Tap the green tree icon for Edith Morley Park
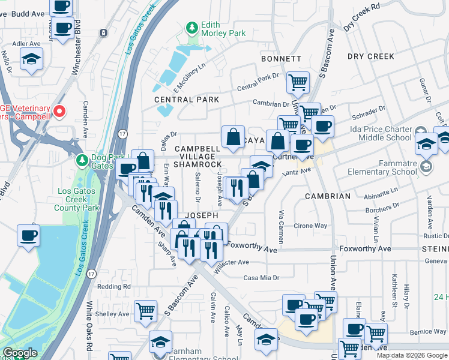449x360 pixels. pyautogui.click(x=192, y=28)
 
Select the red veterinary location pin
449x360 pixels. pyautogui.click(x=59, y=111)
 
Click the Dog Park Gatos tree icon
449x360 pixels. pyautogui.click(x=82, y=160)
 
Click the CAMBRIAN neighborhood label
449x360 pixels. pyautogui.click(x=327, y=196)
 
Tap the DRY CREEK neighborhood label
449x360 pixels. pyautogui.click(x=370, y=56)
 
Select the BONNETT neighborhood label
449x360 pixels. pyautogui.click(x=281, y=59)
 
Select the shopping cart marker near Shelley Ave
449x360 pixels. pyautogui.click(x=145, y=310)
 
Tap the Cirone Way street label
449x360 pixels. pyautogui.click(x=310, y=226)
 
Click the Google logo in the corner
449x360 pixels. pyautogui.click(x=20, y=353)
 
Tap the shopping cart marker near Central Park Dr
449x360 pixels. pyautogui.click(x=298, y=82)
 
